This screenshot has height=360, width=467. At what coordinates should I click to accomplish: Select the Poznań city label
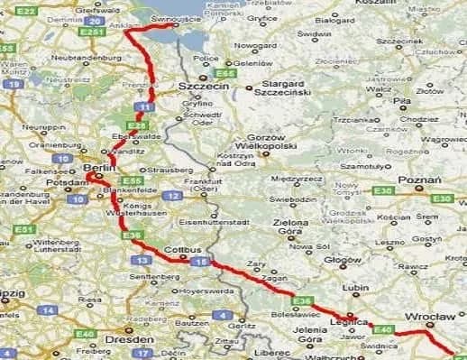coord(420,180)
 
